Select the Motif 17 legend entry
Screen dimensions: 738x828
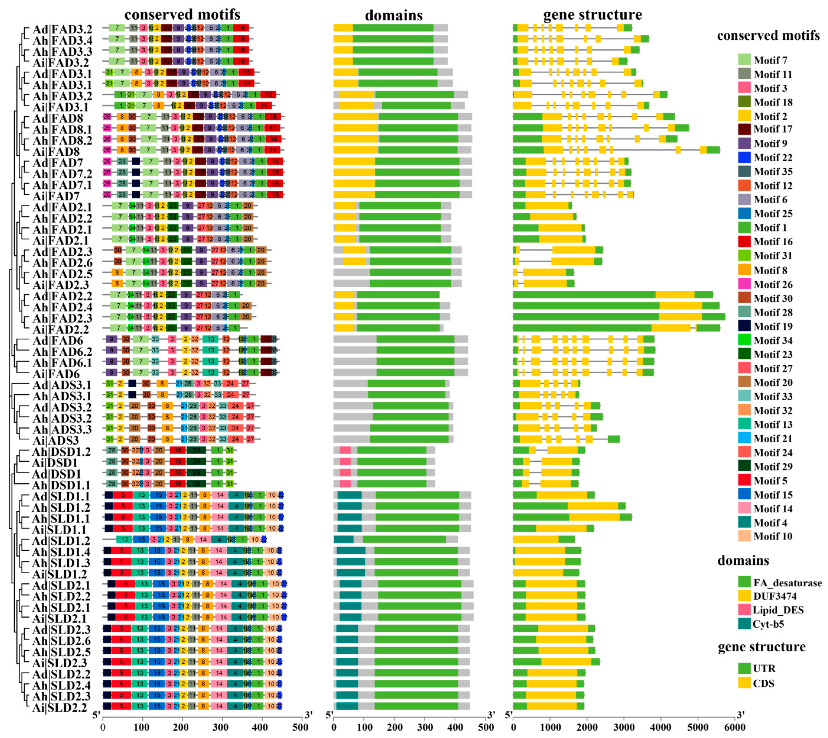pos(772,129)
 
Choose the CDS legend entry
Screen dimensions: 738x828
pos(763,683)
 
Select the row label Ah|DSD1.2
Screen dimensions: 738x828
pos(61,452)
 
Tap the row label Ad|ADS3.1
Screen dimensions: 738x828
pos(62,384)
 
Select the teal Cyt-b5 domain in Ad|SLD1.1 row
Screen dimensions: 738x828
pos(349,495)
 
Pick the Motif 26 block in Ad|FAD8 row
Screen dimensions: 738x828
pos(107,117)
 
